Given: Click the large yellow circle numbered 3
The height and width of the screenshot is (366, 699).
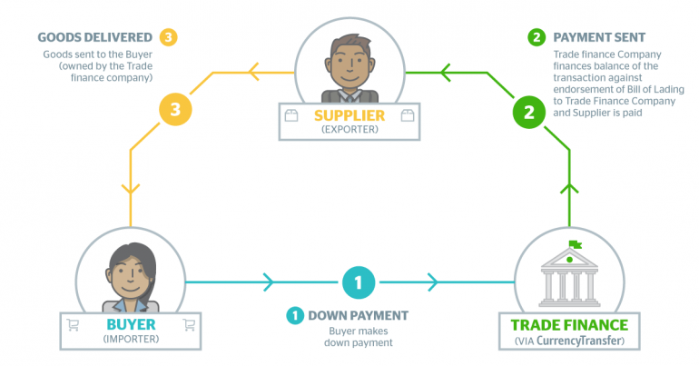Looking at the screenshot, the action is point(175,109).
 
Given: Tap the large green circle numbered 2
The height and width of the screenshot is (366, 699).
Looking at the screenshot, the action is point(528,112).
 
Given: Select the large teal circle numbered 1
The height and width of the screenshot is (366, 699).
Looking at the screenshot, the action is point(359,282).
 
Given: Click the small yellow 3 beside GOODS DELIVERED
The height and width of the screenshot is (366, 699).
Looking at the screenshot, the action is point(168,37).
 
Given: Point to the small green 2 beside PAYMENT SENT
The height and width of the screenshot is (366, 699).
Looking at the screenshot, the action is point(537,37).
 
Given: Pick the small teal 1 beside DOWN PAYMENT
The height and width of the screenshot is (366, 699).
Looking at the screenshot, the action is point(295,316).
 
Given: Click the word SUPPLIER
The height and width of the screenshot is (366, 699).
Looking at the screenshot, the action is point(349,115).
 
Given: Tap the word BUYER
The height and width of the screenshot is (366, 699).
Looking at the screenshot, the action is point(131,324).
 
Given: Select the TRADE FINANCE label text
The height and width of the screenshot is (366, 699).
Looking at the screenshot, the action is point(569,325).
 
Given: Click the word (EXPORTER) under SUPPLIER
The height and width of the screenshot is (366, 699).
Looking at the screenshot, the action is point(349,129).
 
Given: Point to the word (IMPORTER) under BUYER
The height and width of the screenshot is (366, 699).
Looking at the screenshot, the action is point(131,339).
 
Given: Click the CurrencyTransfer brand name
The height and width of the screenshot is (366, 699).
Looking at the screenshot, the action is point(578,341).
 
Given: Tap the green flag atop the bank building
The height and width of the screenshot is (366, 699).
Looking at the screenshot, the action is point(575,244).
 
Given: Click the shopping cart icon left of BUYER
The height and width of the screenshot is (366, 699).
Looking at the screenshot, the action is point(74,325).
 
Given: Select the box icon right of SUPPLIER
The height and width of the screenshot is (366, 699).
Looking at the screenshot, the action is point(408,116).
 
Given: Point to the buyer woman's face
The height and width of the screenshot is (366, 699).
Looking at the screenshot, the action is point(129,277).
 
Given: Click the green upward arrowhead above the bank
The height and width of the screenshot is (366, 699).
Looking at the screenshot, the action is point(569,189).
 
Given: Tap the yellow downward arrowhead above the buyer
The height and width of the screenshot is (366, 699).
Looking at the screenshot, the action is point(131,189).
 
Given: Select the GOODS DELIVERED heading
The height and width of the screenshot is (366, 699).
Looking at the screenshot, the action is point(95,37).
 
